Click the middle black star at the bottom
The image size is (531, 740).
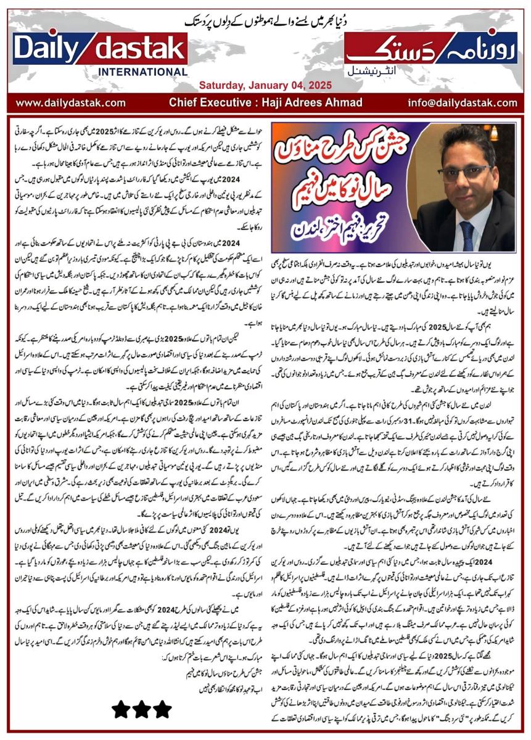point(141,709)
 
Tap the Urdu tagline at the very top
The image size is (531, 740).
point(265,18)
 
